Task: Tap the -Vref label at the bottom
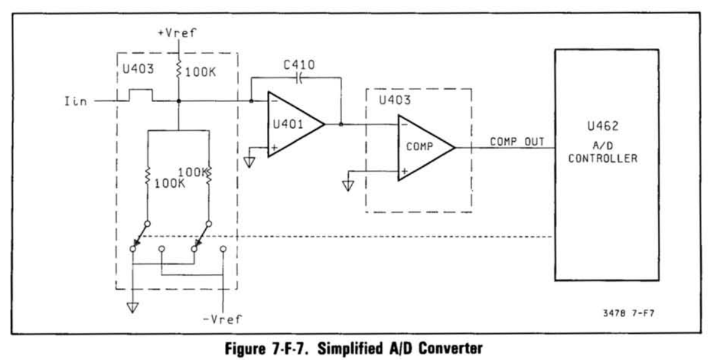[225, 319]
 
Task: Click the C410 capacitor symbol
[297, 78]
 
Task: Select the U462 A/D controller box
[606, 164]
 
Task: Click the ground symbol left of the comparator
[348, 184]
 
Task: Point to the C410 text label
[296, 63]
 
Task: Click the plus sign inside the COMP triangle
[403, 171]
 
